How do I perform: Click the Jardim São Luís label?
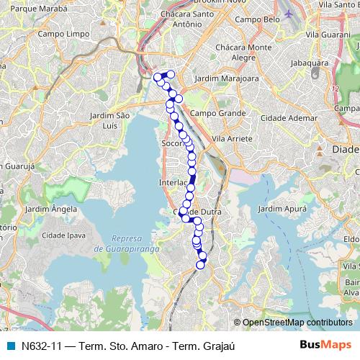109,120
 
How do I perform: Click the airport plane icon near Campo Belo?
289,14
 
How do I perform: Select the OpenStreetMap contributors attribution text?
297,323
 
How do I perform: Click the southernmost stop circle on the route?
201,264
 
